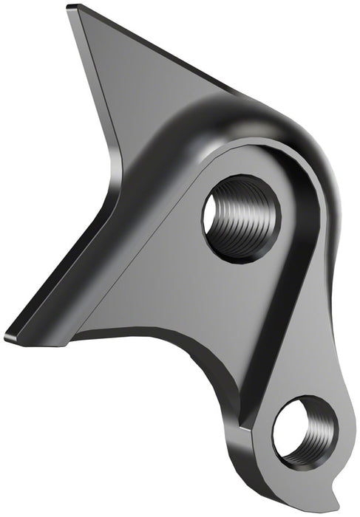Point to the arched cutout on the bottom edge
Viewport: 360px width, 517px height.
point(177,332)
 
